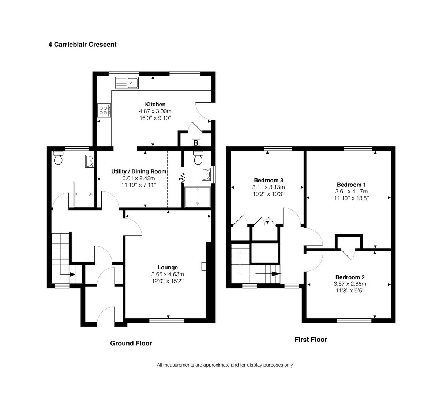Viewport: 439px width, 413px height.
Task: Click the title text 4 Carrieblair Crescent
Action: pos(82,45)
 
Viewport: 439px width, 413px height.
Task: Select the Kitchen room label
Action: pos(155,105)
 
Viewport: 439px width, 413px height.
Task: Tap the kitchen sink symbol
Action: pos(127,83)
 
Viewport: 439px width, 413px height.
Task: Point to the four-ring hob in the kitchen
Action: pos(104,110)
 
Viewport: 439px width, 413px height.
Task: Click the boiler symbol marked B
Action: pos(196,143)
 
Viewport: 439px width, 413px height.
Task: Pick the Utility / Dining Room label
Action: pos(139,171)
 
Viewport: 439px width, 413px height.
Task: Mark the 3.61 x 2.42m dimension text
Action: pos(139,178)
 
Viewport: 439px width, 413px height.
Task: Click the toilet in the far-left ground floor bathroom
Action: pos(58,158)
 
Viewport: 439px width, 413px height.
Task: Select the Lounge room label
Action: pos(168,268)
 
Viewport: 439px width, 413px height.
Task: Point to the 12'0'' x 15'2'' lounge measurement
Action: pos(168,281)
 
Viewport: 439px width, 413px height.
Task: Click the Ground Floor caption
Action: pos(131,344)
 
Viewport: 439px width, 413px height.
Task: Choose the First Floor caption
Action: pos(311,340)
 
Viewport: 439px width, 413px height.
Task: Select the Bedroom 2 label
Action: pos(350,277)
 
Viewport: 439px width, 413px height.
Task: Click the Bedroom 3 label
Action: pos(269,180)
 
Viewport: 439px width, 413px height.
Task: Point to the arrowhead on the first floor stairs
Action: pos(277,273)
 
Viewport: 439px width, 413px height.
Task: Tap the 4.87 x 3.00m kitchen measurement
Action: pos(155,111)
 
